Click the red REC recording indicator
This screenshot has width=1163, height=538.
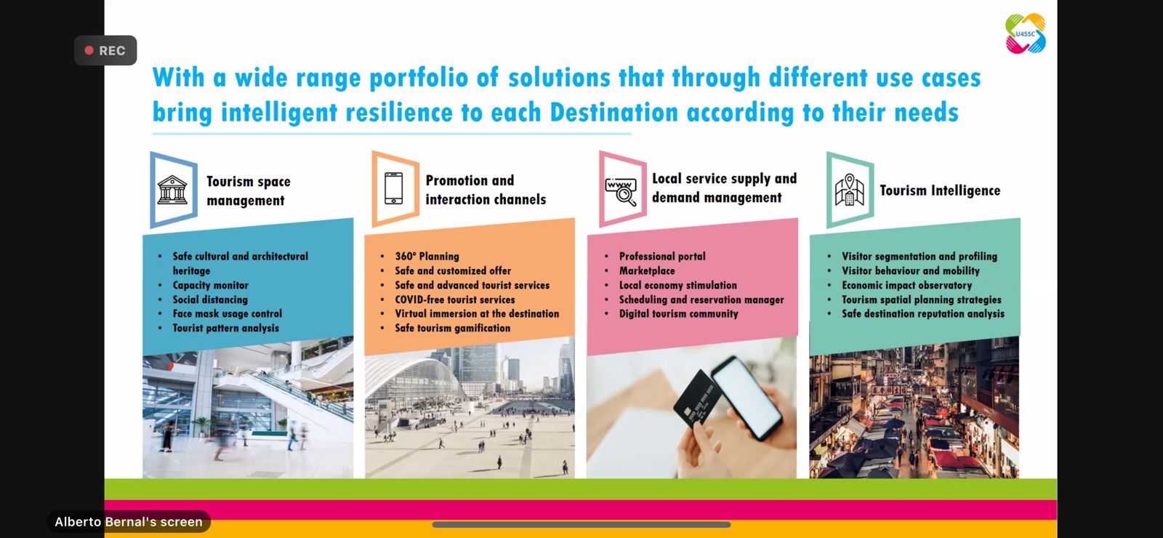(105, 50)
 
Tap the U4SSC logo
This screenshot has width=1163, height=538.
(1026, 33)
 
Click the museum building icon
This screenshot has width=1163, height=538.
(172, 190)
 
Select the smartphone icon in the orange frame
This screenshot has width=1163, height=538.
(393, 188)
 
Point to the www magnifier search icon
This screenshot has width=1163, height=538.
(621, 191)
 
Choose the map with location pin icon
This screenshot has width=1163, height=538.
(850, 190)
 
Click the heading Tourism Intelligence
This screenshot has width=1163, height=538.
(940, 190)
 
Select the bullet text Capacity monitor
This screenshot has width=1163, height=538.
(210, 285)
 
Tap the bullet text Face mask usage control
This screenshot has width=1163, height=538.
(228, 313)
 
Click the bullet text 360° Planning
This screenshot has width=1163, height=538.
(427, 257)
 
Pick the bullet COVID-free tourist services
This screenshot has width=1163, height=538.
(455, 300)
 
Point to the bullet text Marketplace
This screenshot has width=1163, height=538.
(647, 270)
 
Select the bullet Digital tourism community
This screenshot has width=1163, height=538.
(679, 313)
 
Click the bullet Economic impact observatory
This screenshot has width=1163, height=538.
(906, 285)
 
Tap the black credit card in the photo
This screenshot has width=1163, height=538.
(698, 398)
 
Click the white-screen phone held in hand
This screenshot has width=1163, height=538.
(747, 398)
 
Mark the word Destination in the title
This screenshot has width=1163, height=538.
(613, 112)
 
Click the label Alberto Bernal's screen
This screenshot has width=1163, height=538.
(129, 522)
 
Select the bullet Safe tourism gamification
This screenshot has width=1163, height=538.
(452, 328)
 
